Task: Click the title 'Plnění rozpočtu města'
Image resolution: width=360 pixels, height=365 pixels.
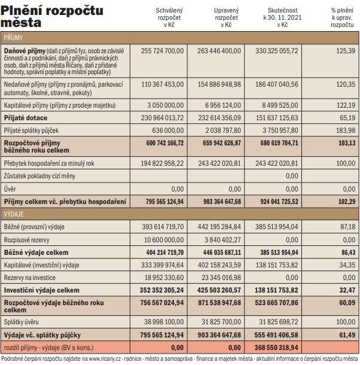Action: pos(51,17)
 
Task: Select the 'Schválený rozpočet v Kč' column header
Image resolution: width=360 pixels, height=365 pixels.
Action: pos(169,17)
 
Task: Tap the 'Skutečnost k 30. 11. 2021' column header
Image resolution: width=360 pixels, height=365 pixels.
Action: pos(282,17)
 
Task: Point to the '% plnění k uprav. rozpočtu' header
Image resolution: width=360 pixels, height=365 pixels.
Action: pos(342,17)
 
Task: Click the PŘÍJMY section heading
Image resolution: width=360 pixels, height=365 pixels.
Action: pos(13,38)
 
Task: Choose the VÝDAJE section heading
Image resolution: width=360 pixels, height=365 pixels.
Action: pos(14,214)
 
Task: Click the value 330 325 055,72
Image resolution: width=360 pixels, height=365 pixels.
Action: pos(277,51)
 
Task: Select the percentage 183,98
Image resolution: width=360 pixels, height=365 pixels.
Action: pos(346,130)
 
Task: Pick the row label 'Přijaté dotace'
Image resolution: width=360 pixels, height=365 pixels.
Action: pos(26,118)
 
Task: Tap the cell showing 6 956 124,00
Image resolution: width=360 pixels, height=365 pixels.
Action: pos(223,105)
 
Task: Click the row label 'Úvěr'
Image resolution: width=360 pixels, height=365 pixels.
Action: pos(10,189)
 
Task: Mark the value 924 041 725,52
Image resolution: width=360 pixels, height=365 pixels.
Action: pos(279,202)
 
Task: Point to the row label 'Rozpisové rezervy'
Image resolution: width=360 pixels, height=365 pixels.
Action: pos(26,240)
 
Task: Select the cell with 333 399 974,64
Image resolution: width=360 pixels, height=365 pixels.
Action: pos(162,265)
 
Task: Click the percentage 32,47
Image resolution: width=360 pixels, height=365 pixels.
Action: pos(347,290)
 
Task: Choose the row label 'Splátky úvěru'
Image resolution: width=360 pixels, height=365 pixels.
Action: pos(21,322)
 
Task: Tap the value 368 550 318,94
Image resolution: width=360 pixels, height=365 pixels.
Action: pos(276,348)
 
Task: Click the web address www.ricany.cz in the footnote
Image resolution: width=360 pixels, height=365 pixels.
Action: pos(105,358)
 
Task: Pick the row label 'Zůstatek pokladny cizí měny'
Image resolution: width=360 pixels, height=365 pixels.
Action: pos(39,176)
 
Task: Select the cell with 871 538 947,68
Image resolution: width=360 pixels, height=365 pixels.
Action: pos(219,303)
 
